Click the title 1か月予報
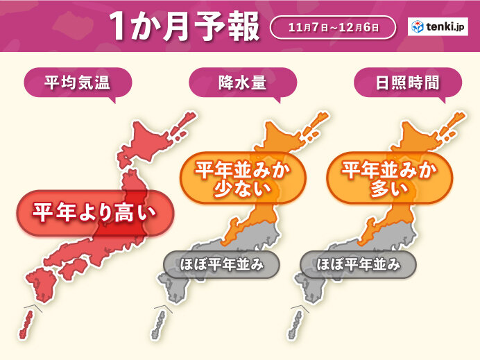(x=184, y=28)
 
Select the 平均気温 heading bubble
(x=68, y=84)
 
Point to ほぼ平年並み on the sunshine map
(x=359, y=264)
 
